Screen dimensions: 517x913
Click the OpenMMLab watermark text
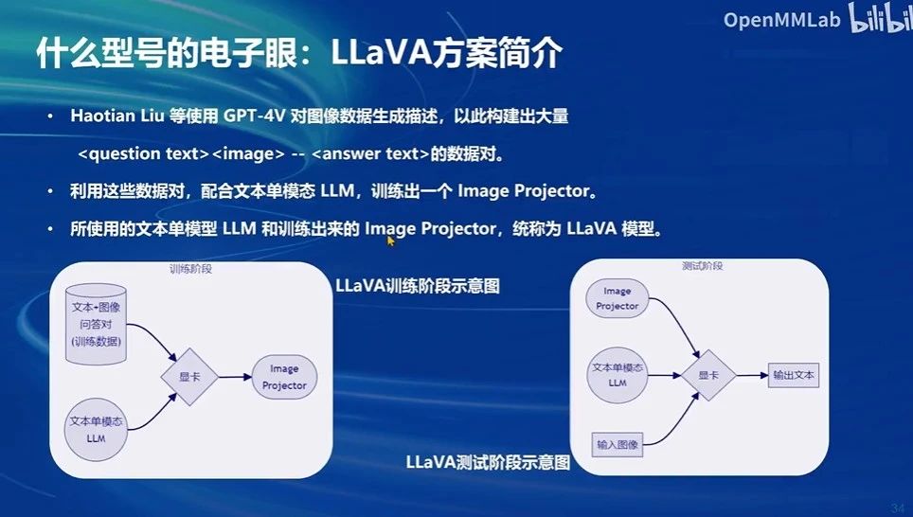(779, 20)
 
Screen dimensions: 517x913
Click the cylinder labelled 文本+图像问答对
(97, 325)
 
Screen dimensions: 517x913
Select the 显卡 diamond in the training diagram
(190, 376)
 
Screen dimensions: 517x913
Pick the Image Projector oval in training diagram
(284, 377)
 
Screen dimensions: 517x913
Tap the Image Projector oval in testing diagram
(618, 298)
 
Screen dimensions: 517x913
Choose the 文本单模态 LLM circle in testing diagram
(618, 374)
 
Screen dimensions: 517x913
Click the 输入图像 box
(618, 443)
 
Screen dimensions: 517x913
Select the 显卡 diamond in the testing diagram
(708, 375)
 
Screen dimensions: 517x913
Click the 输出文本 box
(793, 375)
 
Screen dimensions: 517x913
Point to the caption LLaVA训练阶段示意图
(417, 285)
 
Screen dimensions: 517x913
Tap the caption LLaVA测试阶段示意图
(488, 463)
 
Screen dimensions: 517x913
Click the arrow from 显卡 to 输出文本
(751, 375)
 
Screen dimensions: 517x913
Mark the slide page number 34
(896, 508)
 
